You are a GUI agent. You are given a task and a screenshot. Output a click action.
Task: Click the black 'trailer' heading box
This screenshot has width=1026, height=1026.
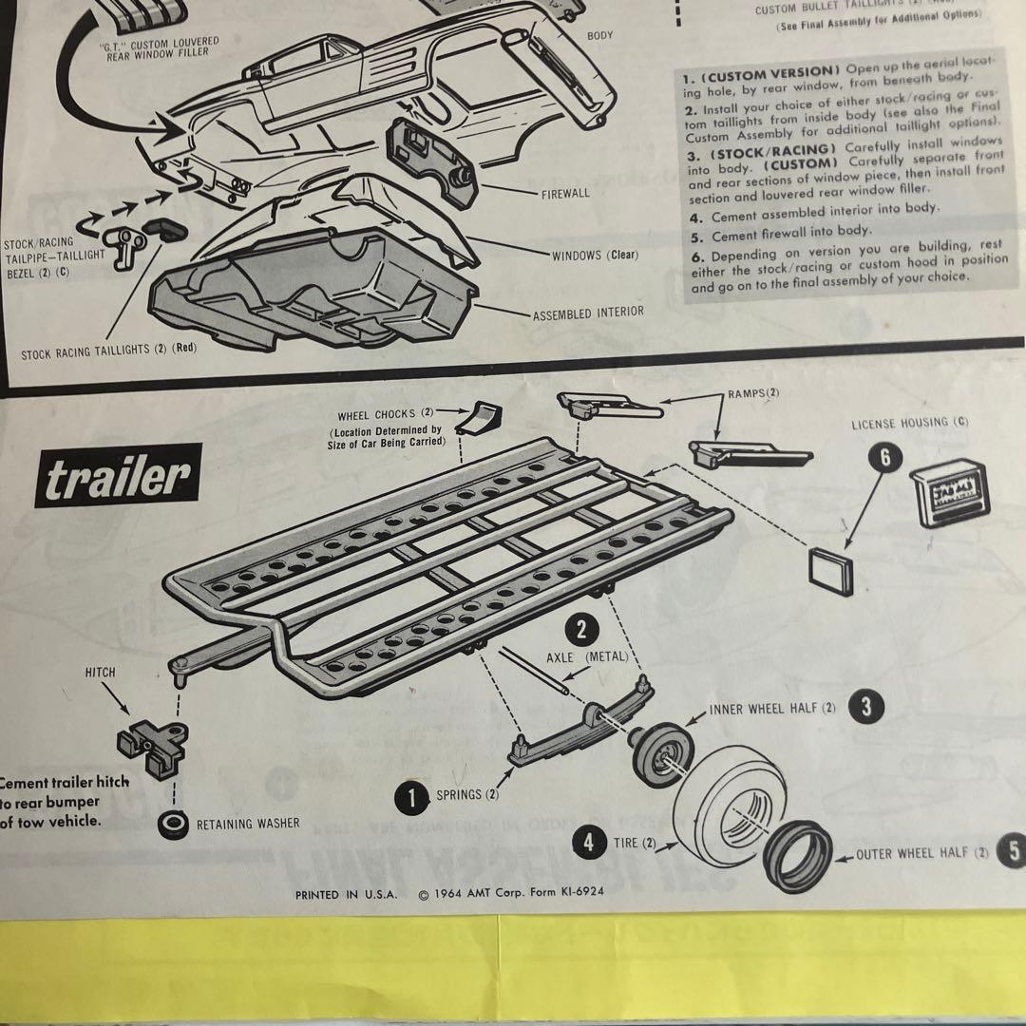point(118,482)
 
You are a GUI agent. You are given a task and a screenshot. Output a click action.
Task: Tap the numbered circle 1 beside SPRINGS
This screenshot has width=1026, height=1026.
point(412,797)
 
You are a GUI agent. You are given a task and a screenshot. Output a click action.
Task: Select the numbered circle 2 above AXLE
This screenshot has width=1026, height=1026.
point(580,628)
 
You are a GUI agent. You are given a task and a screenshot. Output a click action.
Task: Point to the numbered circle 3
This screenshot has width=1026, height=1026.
point(865,707)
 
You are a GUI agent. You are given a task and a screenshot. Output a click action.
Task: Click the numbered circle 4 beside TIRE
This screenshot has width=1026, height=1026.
point(590,842)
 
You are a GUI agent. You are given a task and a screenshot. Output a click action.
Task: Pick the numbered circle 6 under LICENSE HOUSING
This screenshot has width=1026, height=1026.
point(884,457)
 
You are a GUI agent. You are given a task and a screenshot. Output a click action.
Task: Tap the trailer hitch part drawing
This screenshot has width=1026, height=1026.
point(152,740)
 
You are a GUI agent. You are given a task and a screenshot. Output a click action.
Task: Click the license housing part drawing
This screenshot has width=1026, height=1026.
point(948,492)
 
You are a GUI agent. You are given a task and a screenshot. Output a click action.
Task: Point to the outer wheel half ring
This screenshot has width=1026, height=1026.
point(798,858)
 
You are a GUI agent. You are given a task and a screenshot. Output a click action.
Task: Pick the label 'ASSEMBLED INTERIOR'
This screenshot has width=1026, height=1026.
point(587,313)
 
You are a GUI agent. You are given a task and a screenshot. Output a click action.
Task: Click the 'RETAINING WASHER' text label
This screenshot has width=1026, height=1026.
point(248,824)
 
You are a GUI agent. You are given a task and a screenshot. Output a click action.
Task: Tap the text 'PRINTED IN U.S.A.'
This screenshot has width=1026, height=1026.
point(347,894)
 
